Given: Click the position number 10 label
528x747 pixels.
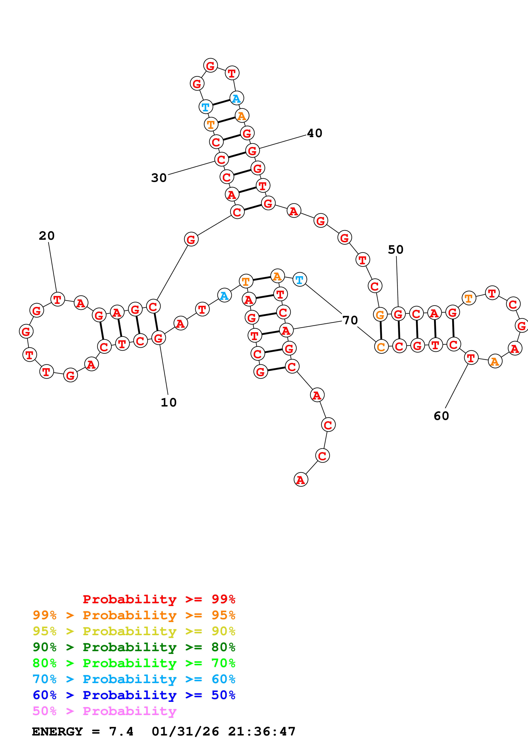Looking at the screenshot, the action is click(168, 402).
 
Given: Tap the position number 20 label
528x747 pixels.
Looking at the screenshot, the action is click(46, 236).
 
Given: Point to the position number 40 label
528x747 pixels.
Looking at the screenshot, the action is click(315, 133).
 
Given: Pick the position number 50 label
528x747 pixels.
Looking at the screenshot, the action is click(396, 250).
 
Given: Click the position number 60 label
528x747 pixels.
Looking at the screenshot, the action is click(441, 416).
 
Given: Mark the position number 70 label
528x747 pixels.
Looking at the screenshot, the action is click(350, 320).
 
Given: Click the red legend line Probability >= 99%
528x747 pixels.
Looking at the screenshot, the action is click(159, 599).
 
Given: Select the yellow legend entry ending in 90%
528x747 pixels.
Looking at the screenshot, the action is click(134, 631).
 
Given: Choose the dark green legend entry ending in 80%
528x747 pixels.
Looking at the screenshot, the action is click(134, 647).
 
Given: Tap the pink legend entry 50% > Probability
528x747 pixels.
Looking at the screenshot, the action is click(104, 711).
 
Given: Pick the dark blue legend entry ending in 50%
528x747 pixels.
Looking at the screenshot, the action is click(134, 695).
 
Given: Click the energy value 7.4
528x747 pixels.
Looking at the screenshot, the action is click(121, 732).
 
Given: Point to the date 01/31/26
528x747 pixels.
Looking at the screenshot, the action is click(185, 732).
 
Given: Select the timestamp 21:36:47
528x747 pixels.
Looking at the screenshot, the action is click(262, 732).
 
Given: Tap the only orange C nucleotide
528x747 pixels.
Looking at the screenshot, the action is click(381, 347).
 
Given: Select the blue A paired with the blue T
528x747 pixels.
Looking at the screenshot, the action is click(236, 98).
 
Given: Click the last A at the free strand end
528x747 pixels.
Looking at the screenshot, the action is click(301, 480).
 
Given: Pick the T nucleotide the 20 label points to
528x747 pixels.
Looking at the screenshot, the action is click(58, 299).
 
